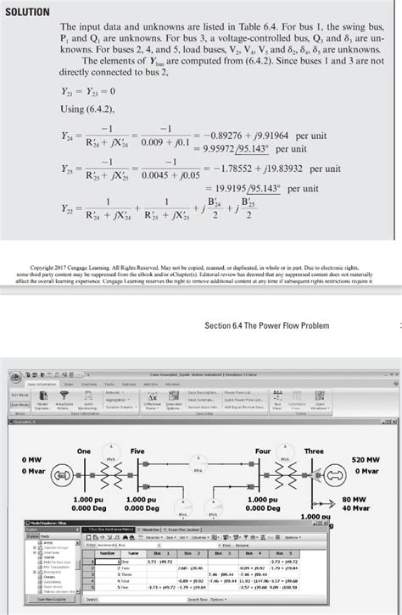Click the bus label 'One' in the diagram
click(x=84, y=428)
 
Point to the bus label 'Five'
click(x=137, y=428)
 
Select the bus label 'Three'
click(x=314, y=428)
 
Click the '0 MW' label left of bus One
click(x=31, y=458)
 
